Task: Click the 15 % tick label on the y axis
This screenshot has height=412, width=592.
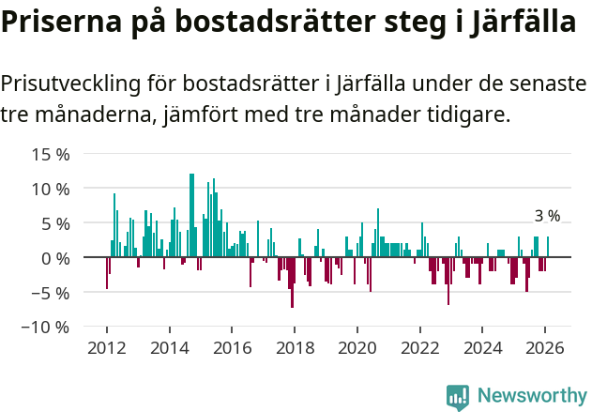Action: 49,154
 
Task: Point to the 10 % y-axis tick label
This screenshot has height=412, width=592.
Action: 49,189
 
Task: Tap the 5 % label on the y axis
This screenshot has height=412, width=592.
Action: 53,223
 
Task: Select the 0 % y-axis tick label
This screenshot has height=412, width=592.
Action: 53,258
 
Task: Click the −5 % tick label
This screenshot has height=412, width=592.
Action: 49,293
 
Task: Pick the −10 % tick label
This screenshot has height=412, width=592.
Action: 45,328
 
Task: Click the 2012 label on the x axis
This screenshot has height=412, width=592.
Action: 106,346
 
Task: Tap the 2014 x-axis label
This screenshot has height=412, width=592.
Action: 169,346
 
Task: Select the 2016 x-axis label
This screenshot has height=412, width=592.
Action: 232,346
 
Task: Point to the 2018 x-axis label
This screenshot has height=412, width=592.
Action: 295,346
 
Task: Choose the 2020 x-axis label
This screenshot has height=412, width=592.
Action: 357,346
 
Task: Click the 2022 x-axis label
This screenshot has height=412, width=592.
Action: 419,346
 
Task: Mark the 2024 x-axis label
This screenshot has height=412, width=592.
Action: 482,346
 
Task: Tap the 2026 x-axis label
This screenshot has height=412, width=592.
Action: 545,346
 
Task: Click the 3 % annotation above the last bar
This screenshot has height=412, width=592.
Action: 547,217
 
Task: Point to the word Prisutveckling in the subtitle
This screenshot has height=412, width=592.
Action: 70,84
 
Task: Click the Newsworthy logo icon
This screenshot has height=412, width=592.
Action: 457,397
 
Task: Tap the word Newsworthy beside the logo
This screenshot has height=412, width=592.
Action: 531,397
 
